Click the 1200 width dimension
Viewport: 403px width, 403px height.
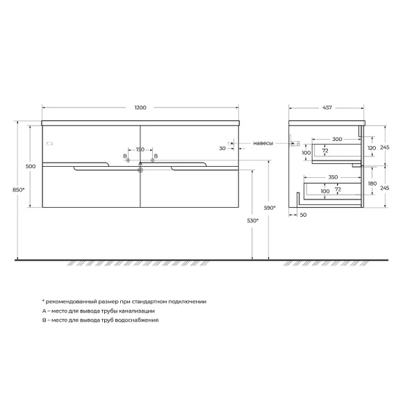(142, 108)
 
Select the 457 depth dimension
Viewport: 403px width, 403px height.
(327, 108)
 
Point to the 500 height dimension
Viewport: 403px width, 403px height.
(30, 167)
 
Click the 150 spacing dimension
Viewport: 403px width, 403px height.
(140, 149)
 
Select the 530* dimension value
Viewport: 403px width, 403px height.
(255, 221)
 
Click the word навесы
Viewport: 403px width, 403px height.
(263, 143)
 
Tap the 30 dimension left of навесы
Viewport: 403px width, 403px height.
(222, 148)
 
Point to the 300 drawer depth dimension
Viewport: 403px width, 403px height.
(337, 140)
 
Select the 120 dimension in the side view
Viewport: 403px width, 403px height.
(371, 148)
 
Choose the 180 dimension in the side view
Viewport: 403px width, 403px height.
(371, 183)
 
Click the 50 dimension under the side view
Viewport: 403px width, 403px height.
(304, 215)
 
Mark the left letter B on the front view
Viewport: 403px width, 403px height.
(125, 156)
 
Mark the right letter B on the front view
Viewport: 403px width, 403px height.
(156, 156)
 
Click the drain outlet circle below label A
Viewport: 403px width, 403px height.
(140, 168)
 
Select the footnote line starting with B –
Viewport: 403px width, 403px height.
(101, 321)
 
